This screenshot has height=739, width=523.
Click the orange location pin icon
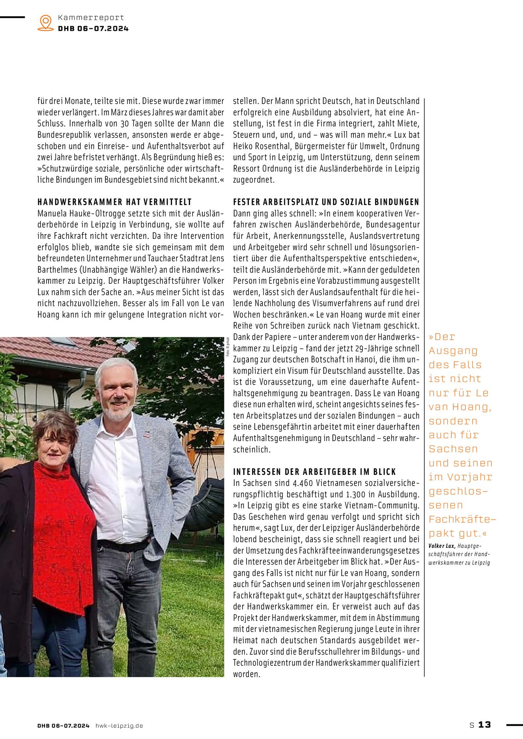[46, 22]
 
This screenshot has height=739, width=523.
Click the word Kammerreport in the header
[91, 17]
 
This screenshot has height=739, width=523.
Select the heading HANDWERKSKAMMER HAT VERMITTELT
[114, 202]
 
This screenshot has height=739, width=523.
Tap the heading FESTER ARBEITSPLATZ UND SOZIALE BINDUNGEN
[326, 202]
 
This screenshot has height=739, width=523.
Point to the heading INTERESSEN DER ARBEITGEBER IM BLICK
[314, 472]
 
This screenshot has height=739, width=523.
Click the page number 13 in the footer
[484, 724]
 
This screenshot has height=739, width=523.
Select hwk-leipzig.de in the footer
[119, 726]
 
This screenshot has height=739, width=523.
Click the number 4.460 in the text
[303, 483]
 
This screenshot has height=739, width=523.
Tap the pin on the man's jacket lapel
[147, 435]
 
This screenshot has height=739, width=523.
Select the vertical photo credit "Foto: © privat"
[228, 347]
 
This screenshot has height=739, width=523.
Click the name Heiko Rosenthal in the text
[262, 146]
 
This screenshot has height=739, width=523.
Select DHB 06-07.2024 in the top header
[93, 28]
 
